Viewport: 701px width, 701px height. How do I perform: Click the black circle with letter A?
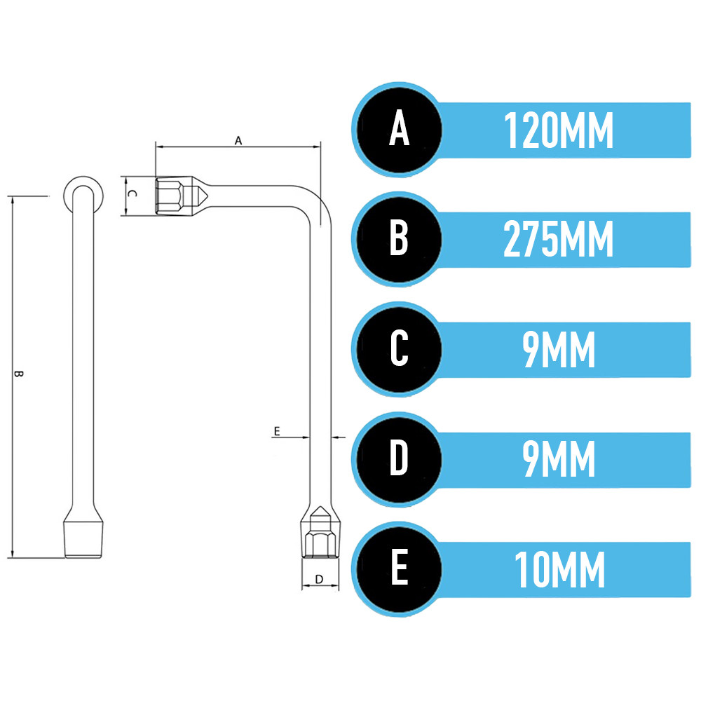[x=400, y=130]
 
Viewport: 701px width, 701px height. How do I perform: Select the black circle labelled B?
[x=400, y=239]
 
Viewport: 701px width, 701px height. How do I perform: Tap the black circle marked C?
[x=400, y=349]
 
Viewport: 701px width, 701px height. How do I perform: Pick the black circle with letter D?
[x=400, y=459]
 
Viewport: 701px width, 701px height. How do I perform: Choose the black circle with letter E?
[x=400, y=569]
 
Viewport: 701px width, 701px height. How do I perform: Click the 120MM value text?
[x=559, y=130]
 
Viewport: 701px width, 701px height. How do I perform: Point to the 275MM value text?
[x=559, y=240]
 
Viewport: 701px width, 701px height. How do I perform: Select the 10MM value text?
[x=559, y=569]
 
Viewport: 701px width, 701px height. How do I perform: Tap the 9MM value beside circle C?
[x=559, y=350]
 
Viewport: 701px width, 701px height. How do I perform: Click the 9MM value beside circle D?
[x=559, y=459]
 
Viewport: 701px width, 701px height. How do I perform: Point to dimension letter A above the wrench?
[x=238, y=141]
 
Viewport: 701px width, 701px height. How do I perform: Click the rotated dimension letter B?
[x=18, y=374]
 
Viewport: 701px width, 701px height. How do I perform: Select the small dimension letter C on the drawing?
[x=132, y=193]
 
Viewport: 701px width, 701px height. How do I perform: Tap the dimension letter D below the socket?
[x=319, y=580]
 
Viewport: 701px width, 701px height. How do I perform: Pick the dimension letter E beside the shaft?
[x=277, y=431]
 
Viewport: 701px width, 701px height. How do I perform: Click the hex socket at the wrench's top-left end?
[x=170, y=196]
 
